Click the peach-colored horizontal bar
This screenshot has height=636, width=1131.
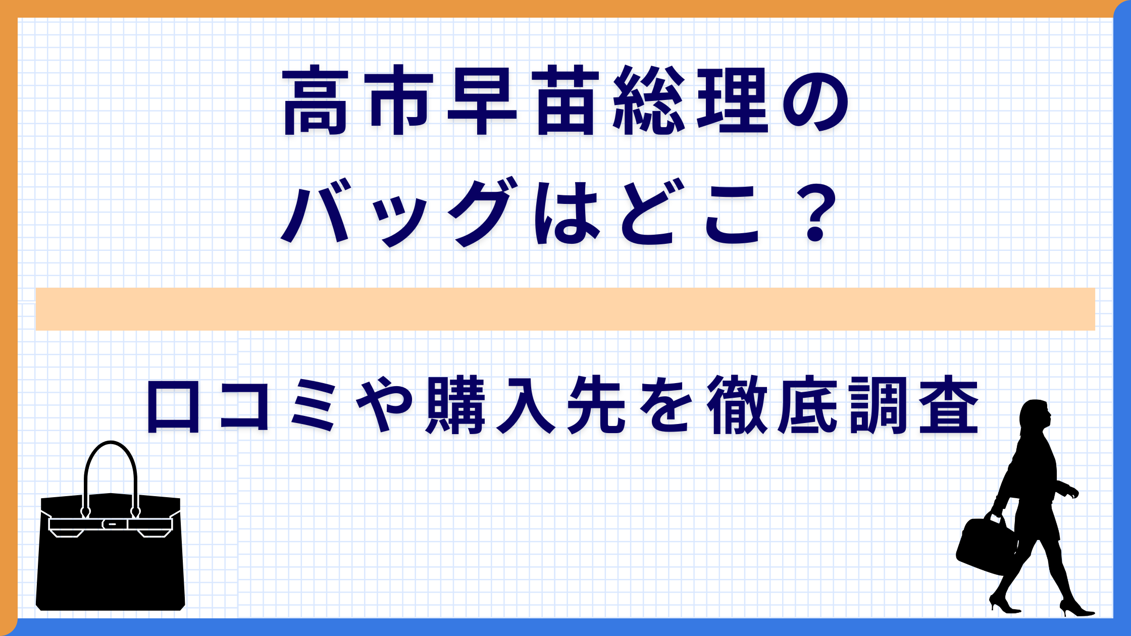(x=565, y=309)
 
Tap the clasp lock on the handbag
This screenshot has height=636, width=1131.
(x=111, y=524)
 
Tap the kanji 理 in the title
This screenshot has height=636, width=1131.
(x=732, y=100)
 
